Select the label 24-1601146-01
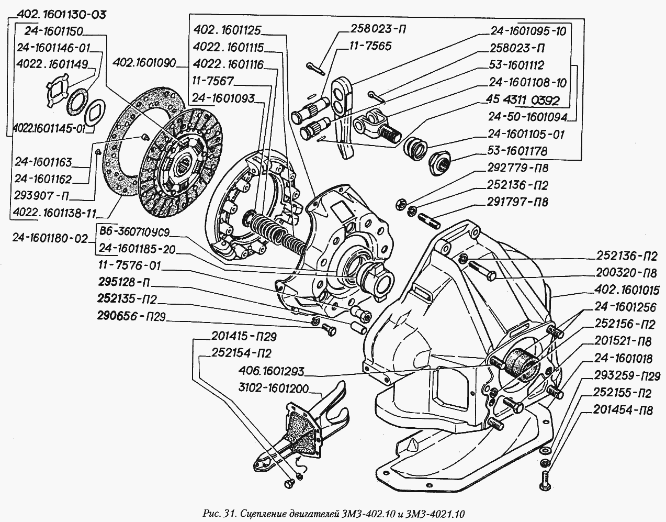53,48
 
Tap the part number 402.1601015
627,290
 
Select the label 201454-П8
623,410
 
